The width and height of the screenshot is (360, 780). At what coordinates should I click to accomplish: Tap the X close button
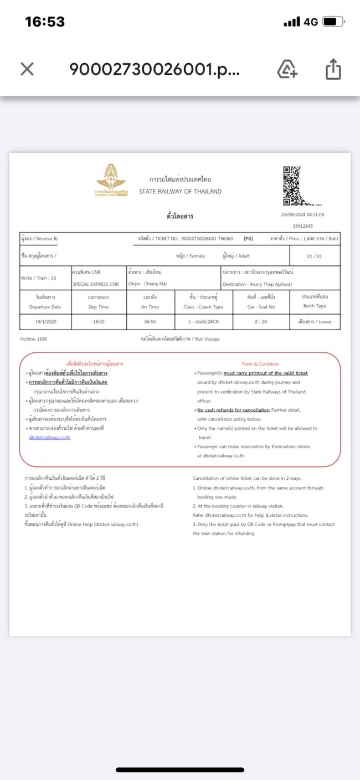click(27, 69)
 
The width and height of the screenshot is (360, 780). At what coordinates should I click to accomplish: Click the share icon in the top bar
click(333, 70)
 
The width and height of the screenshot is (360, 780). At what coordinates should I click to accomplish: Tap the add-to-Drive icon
click(287, 70)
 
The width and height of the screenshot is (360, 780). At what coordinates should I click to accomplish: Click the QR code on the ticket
click(294, 186)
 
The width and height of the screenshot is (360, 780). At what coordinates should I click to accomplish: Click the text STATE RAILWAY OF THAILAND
click(180, 192)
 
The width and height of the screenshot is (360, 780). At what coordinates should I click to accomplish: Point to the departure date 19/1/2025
click(45, 321)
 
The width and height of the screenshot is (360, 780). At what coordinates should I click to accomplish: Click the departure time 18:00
click(99, 321)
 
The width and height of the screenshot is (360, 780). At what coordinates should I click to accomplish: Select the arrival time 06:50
click(151, 321)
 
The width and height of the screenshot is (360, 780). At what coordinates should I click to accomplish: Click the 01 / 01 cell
click(314, 256)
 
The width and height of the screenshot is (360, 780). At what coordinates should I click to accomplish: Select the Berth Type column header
click(315, 306)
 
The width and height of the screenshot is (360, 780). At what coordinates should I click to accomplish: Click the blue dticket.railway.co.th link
click(50, 437)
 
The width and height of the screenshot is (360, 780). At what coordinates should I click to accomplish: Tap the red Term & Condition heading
click(260, 364)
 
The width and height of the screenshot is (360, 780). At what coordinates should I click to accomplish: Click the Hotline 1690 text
click(34, 339)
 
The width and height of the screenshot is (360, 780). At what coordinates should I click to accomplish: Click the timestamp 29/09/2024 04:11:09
click(303, 215)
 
